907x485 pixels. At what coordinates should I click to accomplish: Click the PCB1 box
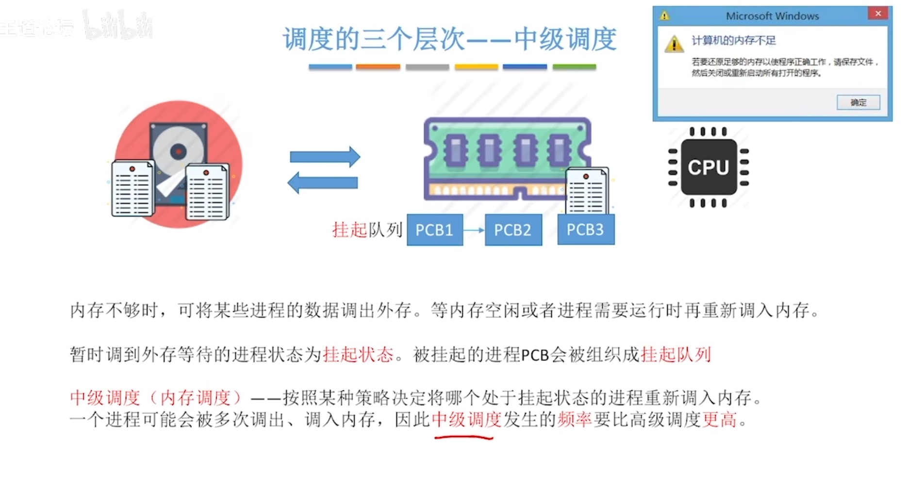coord(435,230)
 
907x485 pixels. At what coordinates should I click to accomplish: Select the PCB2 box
coord(513,230)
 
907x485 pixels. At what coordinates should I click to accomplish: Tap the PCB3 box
coord(586,229)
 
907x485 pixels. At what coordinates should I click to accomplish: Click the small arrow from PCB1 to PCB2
coord(474,230)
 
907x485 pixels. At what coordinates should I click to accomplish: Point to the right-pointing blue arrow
coord(325,157)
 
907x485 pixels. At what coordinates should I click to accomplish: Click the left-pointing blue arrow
coord(323,183)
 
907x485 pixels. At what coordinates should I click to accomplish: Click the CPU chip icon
coord(709,167)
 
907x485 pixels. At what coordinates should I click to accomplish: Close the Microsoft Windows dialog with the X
coord(878,14)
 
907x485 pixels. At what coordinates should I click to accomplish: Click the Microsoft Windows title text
coord(772,16)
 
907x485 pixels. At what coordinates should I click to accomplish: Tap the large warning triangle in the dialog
coord(674,44)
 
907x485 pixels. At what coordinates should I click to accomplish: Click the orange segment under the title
coord(378,67)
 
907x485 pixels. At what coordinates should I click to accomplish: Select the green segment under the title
coord(574,67)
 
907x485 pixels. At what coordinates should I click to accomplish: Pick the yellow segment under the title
coord(477,67)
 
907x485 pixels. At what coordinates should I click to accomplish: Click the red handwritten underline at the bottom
coord(463,437)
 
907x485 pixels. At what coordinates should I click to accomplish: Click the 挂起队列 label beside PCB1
coord(367,230)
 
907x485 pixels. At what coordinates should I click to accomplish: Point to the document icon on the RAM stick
coord(587,191)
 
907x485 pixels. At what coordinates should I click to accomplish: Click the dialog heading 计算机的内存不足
coord(734,40)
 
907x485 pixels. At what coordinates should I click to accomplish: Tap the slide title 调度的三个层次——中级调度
coord(450,39)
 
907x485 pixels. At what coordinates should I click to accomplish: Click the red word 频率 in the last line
coord(575,419)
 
